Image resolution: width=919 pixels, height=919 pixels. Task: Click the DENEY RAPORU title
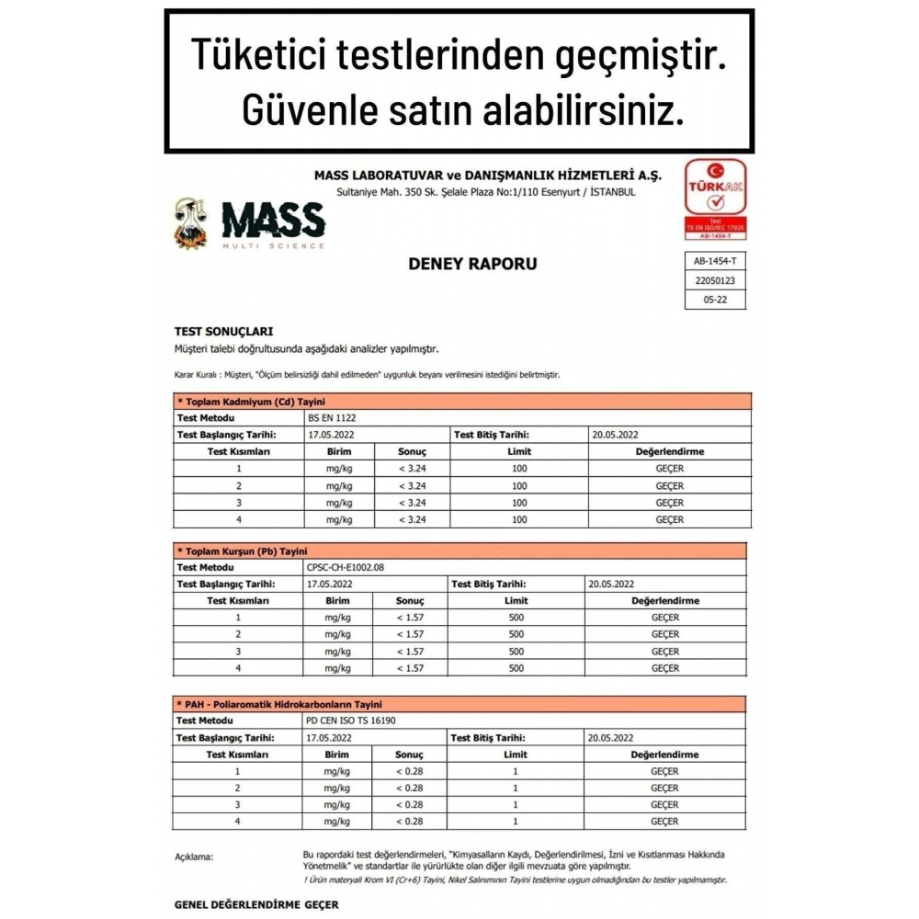[472, 264]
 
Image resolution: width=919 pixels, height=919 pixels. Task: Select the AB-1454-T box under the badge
[715, 262]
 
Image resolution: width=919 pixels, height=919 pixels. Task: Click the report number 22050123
[715, 281]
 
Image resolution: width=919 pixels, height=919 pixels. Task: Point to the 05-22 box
[715, 300]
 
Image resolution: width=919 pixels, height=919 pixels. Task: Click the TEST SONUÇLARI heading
[223, 331]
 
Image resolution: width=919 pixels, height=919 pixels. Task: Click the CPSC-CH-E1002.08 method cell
[346, 567]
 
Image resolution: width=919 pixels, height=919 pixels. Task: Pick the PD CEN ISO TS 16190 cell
[354, 720]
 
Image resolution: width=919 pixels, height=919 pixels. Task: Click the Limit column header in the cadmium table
[519, 451]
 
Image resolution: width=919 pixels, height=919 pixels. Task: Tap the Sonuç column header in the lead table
[410, 600]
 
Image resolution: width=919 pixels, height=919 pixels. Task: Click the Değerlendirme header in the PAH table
[664, 754]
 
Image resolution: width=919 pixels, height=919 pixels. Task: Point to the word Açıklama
[194, 857]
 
